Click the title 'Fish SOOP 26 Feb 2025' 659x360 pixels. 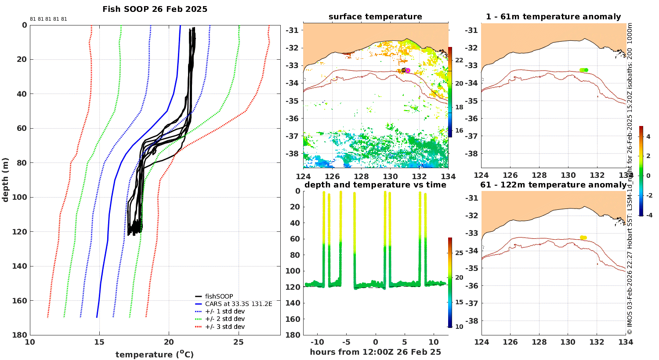(155, 9)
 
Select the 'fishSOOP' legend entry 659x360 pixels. (214, 296)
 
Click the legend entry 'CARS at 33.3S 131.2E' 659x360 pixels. (234, 304)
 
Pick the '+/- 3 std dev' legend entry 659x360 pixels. (220, 327)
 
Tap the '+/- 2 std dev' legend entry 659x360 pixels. (220, 319)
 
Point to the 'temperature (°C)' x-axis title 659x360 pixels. (155, 354)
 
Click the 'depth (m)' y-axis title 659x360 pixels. (5, 180)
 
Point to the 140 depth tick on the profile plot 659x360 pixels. (20, 266)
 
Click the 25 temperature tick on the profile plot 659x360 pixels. (239, 342)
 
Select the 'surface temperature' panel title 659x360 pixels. (375, 17)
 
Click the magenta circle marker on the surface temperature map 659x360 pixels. (408, 70)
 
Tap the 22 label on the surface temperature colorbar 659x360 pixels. (459, 60)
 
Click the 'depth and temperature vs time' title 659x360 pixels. (375, 185)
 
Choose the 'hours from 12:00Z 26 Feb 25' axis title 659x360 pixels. (375, 352)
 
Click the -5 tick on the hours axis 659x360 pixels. (346, 342)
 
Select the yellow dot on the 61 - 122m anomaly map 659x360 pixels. (583, 238)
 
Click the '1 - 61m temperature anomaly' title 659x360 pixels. (554, 17)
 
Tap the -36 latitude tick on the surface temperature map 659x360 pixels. (292, 119)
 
